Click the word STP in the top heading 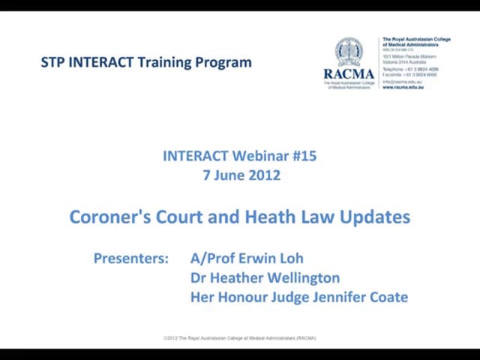pos(52,62)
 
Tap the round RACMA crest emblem pos(349,52)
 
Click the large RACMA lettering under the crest pos(349,74)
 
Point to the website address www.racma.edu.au pos(403,87)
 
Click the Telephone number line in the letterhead pos(410,69)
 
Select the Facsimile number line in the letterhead pos(409,75)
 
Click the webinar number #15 pos(304,156)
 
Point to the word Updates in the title pos(374,217)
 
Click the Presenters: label pos(131,259)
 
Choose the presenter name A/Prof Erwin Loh pos(247,259)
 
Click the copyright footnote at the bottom pos(240,338)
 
